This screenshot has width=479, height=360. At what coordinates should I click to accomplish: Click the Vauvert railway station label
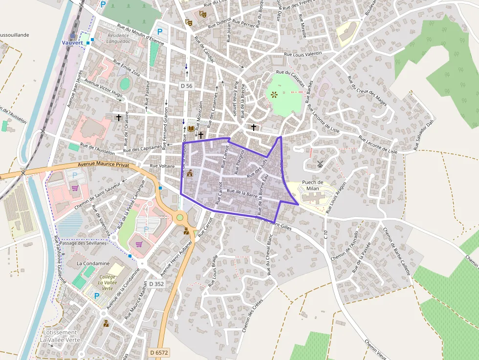point(72,42)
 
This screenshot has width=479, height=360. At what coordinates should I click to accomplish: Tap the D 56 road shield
point(186,86)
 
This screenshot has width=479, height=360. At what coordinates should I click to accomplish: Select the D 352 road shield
point(156,284)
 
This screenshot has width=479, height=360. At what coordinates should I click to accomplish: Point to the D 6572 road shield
point(159,352)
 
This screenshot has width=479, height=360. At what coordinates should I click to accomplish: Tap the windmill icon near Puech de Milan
point(320,164)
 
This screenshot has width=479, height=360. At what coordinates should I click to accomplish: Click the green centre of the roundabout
point(180,217)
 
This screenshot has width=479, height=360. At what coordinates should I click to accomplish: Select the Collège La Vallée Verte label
point(108,282)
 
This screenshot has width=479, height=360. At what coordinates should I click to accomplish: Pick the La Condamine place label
point(93,263)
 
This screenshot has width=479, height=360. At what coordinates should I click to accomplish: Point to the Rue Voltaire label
point(163,166)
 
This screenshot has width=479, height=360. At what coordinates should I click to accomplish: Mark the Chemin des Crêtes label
point(253,315)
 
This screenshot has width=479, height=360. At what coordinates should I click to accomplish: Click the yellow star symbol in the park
point(274,94)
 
